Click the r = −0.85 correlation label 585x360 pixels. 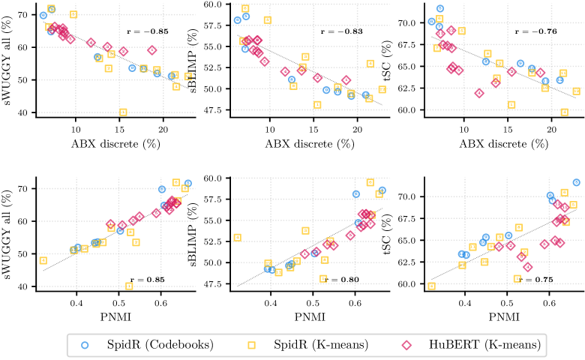(147, 33)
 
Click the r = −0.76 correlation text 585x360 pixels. (535, 31)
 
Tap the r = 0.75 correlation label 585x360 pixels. (536, 278)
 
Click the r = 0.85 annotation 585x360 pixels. (147, 280)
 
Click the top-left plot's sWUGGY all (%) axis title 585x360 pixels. (9, 60)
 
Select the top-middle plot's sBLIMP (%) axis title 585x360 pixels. (205, 60)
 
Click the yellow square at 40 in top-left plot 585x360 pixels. (123, 112)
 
